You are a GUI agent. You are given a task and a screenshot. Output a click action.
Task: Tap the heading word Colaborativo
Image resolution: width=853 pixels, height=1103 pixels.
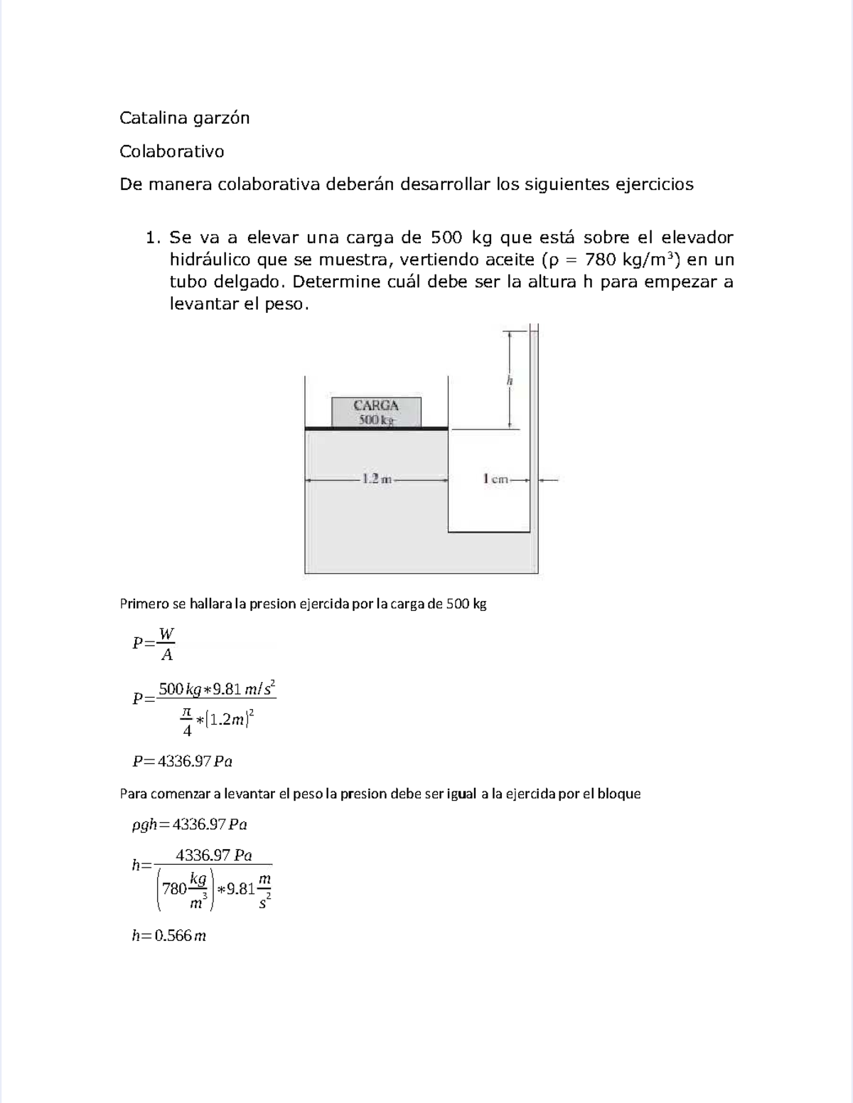pyautogui.click(x=171, y=151)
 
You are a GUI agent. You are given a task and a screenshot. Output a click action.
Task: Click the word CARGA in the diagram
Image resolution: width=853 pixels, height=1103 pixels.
pyautogui.click(x=376, y=405)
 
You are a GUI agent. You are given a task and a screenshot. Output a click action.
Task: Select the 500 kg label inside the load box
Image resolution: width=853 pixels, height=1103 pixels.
pyautogui.click(x=376, y=420)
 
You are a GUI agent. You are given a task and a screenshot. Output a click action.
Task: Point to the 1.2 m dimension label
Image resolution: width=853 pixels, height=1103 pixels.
pyautogui.click(x=377, y=479)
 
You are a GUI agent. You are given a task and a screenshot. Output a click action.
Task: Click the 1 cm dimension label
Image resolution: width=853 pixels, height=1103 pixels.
pyautogui.click(x=495, y=479)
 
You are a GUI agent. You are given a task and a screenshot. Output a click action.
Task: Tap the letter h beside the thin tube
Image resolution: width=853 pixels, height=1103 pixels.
pyautogui.click(x=510, y=380)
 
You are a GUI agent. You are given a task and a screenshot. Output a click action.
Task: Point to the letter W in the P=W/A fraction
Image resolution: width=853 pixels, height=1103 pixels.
pyautogui.click(x=166, y=633)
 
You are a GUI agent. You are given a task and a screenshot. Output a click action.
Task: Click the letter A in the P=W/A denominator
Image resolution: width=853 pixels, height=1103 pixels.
pyautogui.click(x=166, y=654)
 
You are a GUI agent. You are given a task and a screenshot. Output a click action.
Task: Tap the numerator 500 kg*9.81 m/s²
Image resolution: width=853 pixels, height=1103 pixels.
pyautogui.click(x=216, y=688)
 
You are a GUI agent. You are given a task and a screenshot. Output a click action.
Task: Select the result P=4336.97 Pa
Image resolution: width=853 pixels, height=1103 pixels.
pyautogui.click(x=183, y=761)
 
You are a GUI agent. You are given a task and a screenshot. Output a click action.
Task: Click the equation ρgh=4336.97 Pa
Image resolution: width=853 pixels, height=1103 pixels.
pyautogui.click(x=189, y=824)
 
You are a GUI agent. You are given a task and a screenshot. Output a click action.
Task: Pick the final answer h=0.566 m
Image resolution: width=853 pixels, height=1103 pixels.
pyautogui.click(x=168, y=935)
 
